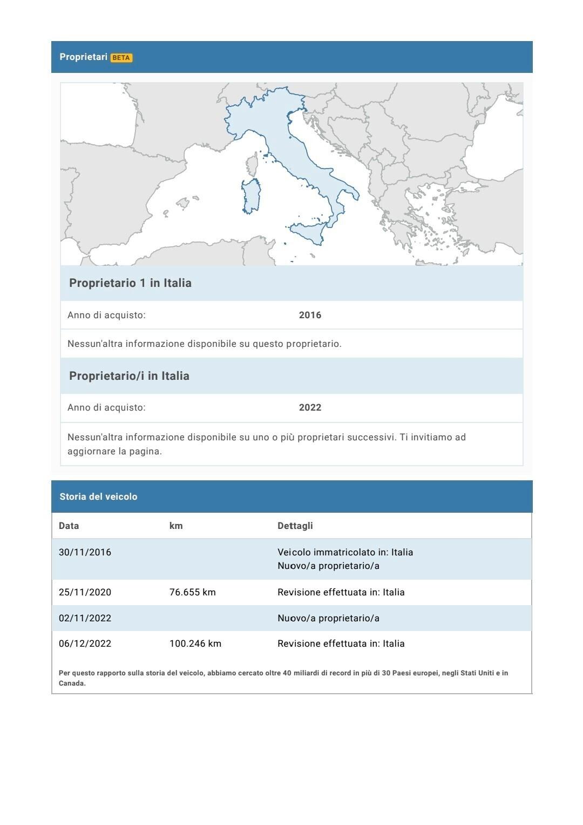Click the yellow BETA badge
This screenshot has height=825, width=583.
121,58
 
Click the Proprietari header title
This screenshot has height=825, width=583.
84,57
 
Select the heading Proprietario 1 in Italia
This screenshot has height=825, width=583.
130,283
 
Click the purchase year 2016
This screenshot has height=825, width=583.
310,315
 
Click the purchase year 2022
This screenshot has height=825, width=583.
310,407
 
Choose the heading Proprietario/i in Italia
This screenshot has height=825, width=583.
129,376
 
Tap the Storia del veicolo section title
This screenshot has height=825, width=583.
98,497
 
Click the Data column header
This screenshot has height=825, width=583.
69,526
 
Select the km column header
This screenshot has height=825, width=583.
176,526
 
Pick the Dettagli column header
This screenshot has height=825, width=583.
295,526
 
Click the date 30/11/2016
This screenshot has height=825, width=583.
85,552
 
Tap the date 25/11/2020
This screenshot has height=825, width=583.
85,592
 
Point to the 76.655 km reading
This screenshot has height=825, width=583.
192,592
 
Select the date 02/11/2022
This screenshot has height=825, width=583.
85,618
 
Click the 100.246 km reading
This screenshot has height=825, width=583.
195,643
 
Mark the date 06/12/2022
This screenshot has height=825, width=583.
85,643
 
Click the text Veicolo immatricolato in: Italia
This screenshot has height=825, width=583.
345,552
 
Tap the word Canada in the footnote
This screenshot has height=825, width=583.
72,683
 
